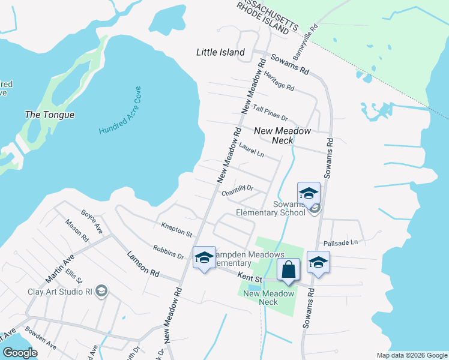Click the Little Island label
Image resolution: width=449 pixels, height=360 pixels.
220,53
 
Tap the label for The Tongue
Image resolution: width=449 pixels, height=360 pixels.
49,115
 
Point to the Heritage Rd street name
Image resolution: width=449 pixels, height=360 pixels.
279,80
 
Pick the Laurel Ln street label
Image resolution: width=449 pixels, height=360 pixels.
251,150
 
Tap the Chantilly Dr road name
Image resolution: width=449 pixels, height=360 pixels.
237,190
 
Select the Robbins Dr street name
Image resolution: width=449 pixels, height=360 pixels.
168,252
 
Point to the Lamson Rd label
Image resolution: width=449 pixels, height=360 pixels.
142,264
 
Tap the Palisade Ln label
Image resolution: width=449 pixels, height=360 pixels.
340,242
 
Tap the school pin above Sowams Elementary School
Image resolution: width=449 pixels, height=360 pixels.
309,193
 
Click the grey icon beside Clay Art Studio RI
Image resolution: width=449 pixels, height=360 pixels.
101,292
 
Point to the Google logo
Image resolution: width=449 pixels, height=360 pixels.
20,353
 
